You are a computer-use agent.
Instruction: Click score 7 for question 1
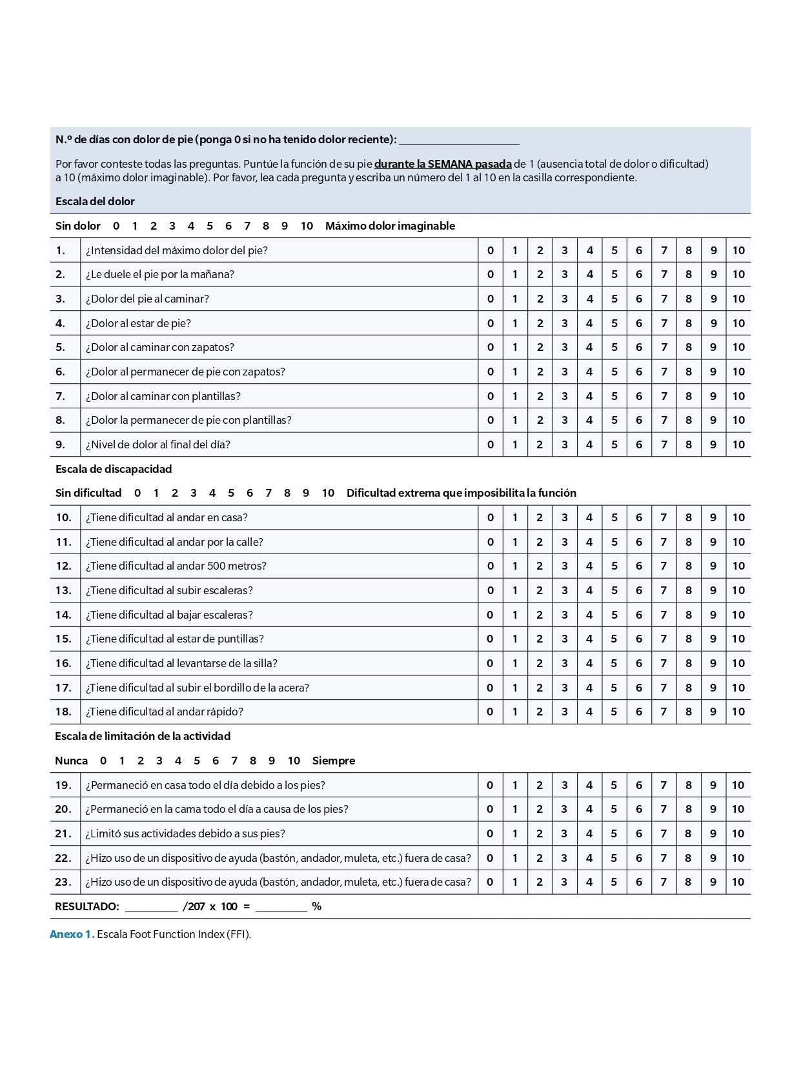coord(664,250)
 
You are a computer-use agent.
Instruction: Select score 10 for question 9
coord(738,444)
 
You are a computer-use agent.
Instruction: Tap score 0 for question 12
coord(491,566)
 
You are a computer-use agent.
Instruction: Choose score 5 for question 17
coord(614,688)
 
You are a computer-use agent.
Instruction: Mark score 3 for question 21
coord(564,833)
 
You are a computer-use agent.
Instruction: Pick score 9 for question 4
coord(713,323)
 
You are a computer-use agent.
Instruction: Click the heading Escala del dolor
coord(95,201)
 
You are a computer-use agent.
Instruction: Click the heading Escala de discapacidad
coord(114,469)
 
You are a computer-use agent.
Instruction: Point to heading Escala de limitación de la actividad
coord(143,736)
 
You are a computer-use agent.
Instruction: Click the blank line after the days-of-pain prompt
coord(459,141)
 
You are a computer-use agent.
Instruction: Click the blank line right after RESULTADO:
coord(151,907)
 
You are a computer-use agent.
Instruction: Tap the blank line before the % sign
coord(281,907)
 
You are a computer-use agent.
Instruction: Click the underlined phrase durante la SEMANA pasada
coord(443,164)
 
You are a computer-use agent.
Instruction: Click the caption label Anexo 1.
coord(72,934)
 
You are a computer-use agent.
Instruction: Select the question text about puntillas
coord(175,639)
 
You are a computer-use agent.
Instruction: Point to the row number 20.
coord(63,809)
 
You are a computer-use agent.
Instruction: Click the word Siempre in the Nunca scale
coord(334,761)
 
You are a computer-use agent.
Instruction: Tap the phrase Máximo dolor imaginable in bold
coord(390,226)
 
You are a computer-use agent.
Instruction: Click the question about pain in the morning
coord(160,274)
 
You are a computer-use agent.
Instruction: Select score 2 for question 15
coord(540,639)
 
